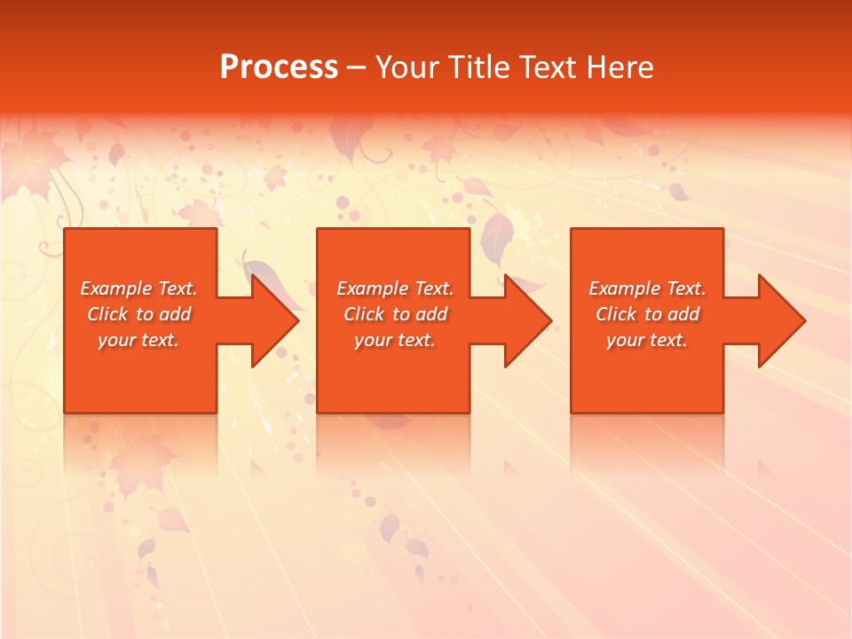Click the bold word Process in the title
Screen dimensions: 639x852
[x=279, y=67]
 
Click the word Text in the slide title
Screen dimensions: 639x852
[x=546, y=67]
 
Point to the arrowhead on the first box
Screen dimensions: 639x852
[x=273, y=320]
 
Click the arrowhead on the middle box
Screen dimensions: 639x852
[x=527, y=320]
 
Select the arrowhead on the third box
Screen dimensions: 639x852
[x=780, y=320]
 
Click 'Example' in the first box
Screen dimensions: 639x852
[x=116, y=288]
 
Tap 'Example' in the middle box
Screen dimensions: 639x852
[x=373, y=288]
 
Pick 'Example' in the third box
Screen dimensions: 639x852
[x=625, y=288]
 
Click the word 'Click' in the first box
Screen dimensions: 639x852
[x=107, y=314]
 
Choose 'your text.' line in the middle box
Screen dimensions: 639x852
[x=395, y=340]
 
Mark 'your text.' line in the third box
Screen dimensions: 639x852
[x=647, y=340]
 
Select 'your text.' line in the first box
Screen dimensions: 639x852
[x=138, y=340]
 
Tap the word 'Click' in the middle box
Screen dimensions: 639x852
[x=364, y=314]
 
